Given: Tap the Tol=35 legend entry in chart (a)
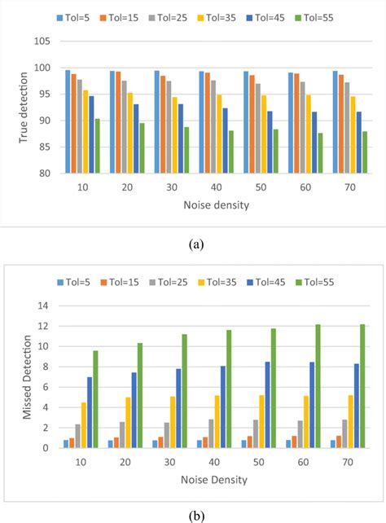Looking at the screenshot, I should click(231, 16).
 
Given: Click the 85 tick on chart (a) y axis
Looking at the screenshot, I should click(45, 147).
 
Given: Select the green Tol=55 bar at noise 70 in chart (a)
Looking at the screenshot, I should click(364, 152).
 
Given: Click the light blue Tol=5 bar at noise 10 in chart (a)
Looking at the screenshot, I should click(68, 121).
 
